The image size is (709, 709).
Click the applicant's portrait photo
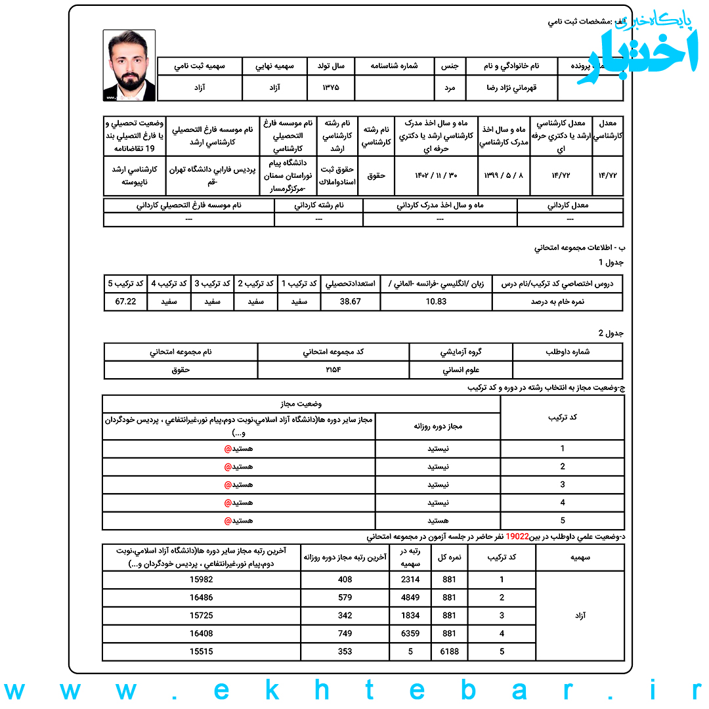pyautogui.click(x=129, y=65)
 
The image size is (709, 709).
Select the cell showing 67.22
pyautogui.click(x=125, y=301)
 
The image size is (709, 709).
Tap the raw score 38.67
pyautogui.click(x=351, y=301)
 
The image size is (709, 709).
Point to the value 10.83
pyautogui.click(x=436, y=301)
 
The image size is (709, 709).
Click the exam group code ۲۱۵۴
pyautogui.click(x=333, y=370)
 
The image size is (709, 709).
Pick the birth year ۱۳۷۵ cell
pyautogui.click(x=331, y=87)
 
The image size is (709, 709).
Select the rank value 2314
pyautogui.click(x=410, y=580)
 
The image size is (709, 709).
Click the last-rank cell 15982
pyautogui.click(x=202, y=580)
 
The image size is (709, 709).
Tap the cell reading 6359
pyautogui.click(x=410, y=634)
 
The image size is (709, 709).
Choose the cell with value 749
pyautogui.click(x=345, y=634)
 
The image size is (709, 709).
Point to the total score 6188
pyautogui.click(x=450, y=652)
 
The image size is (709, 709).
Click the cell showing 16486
pyautogui.click(x=202, y=597)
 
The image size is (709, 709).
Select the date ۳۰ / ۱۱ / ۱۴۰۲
pyautogui.click(x=436, y=175)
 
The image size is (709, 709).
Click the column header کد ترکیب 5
pyautogui.click(x=125, y=283)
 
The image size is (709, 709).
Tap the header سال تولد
pyautogui.click(x=331, y=66)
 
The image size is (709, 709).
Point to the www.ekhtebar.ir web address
pyautogui.click(x=354, y=691)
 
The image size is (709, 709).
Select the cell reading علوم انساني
pyautogui.click(x=461, y=370)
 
